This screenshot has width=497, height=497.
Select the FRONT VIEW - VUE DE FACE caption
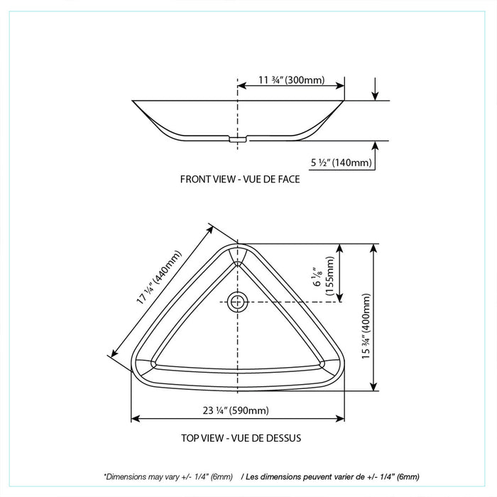239,180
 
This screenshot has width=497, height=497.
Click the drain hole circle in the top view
238,301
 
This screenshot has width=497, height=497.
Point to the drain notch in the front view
238,140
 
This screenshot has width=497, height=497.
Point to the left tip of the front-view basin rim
133,101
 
